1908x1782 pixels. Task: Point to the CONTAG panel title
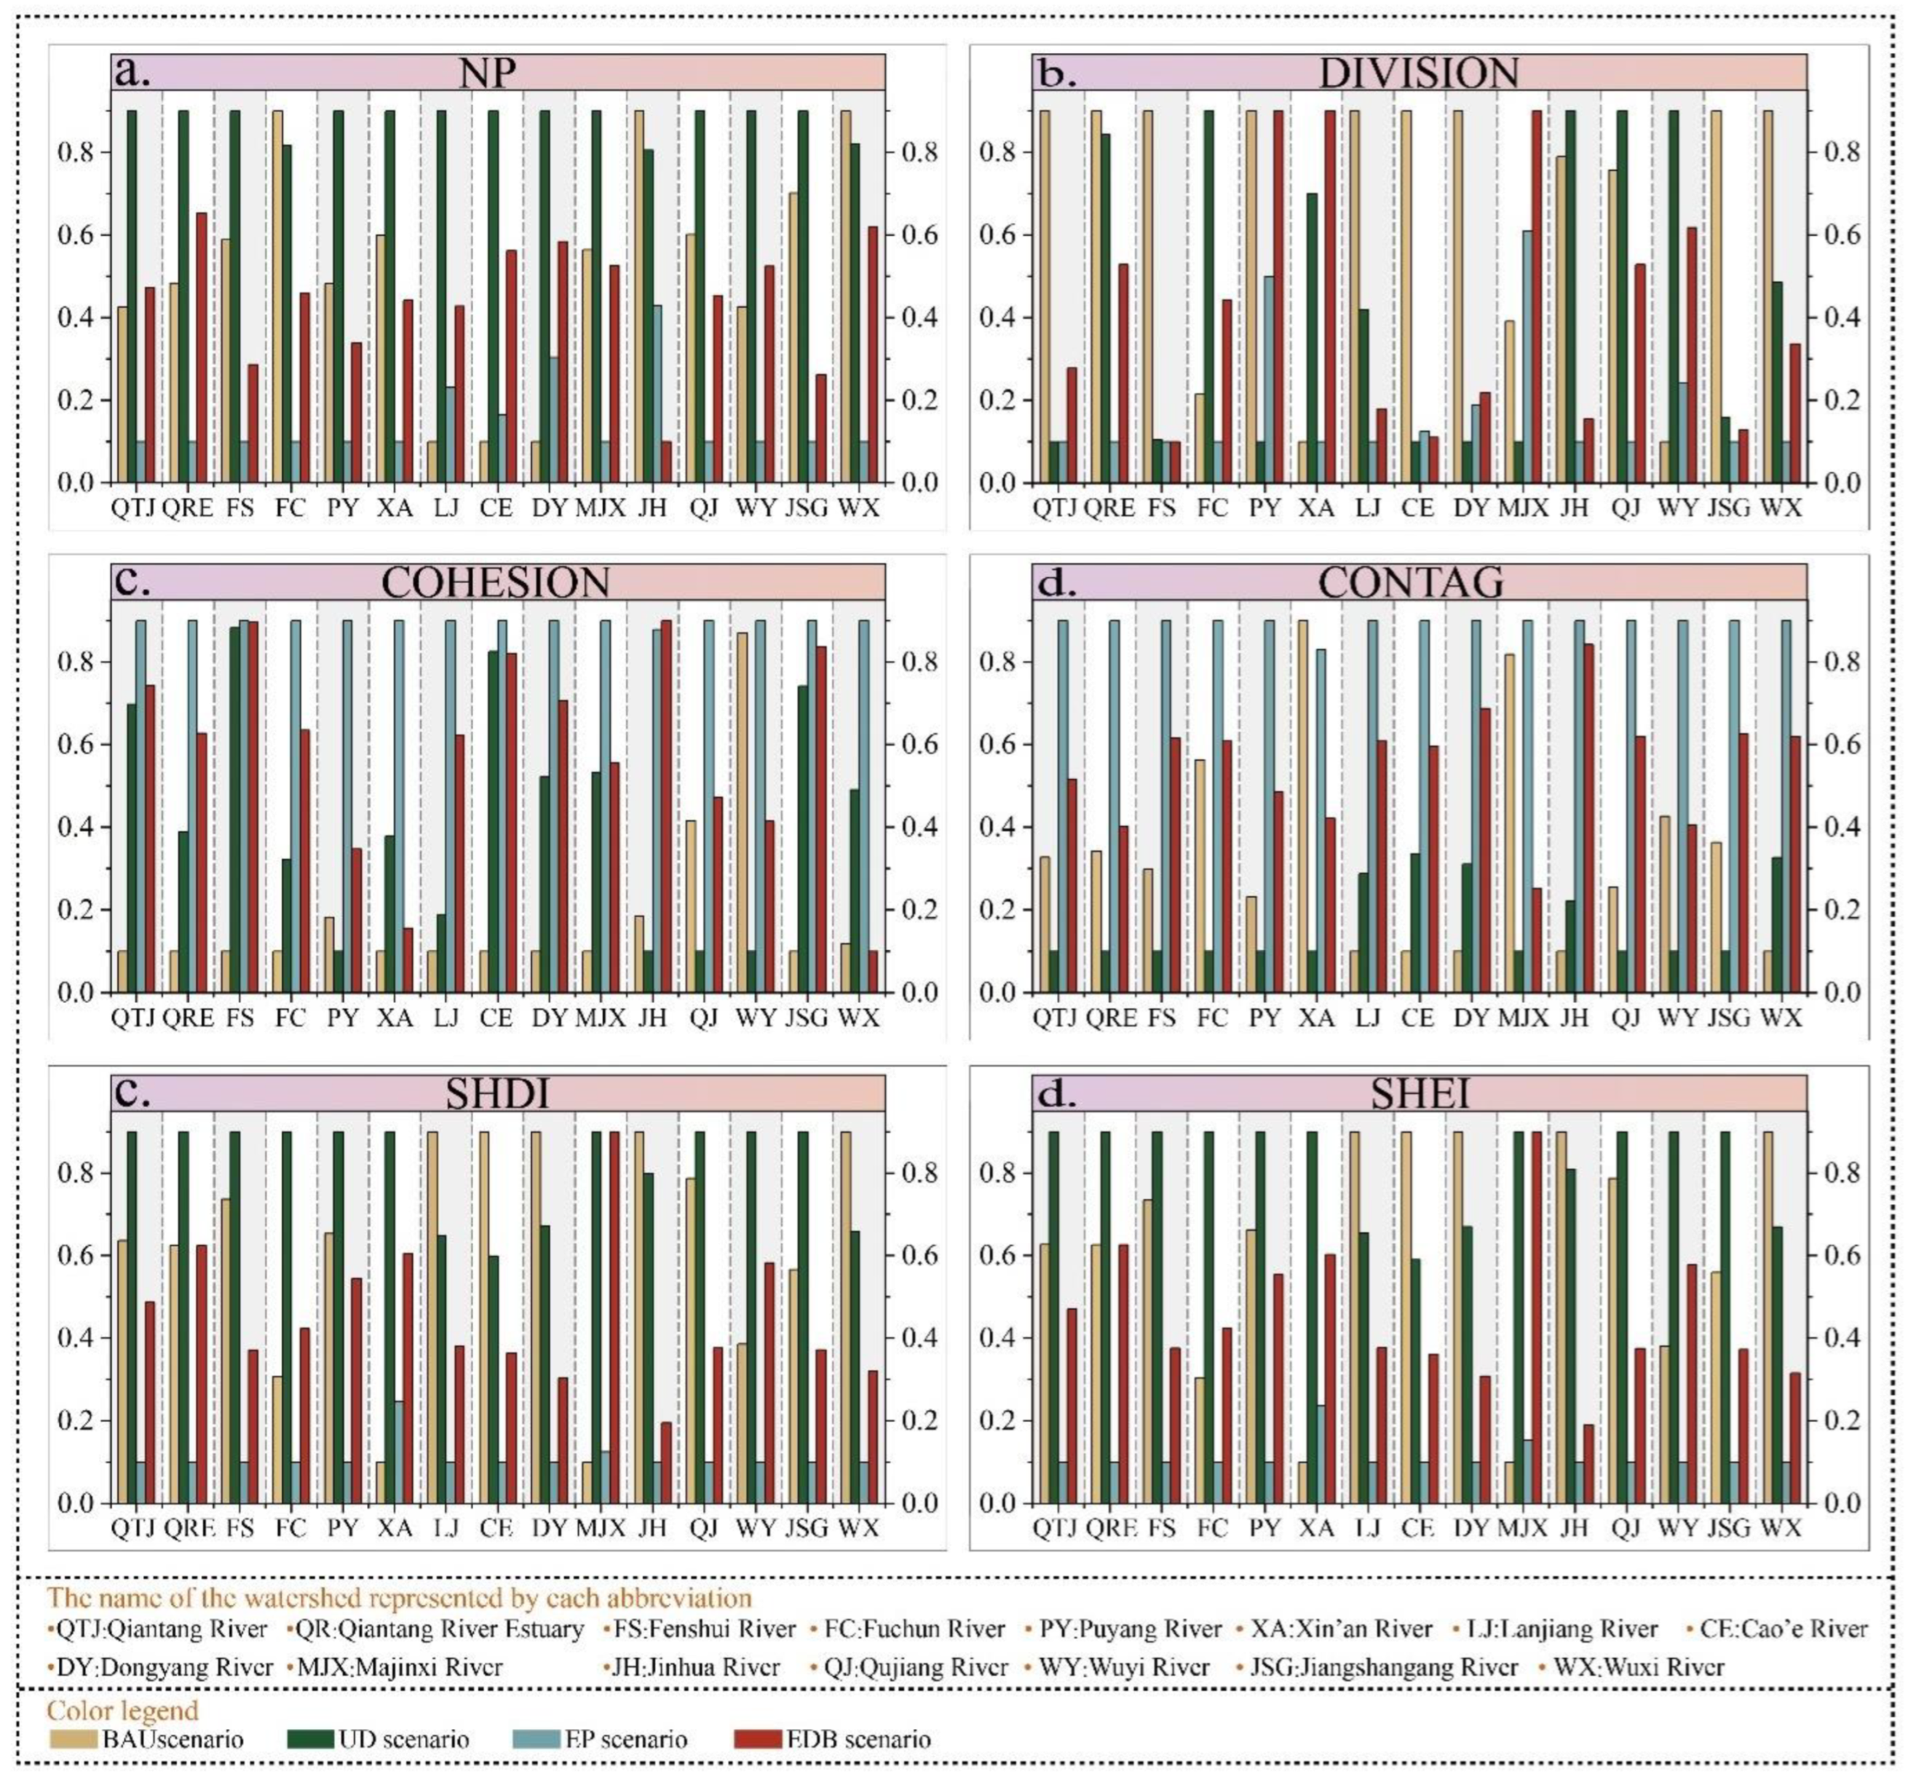point(1410,582)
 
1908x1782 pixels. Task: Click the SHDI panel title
point(496,1094)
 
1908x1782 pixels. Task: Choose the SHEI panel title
point(1420,1094)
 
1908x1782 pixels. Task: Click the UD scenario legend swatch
point(310,1740)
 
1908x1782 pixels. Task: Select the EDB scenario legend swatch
point(759,1740)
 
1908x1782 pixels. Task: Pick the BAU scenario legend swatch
point(73,1740)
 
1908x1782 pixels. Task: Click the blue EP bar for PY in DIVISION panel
point(1268,379)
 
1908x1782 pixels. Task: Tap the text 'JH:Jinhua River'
point(696,1667)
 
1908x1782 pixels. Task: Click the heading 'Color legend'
point(123,1710)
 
